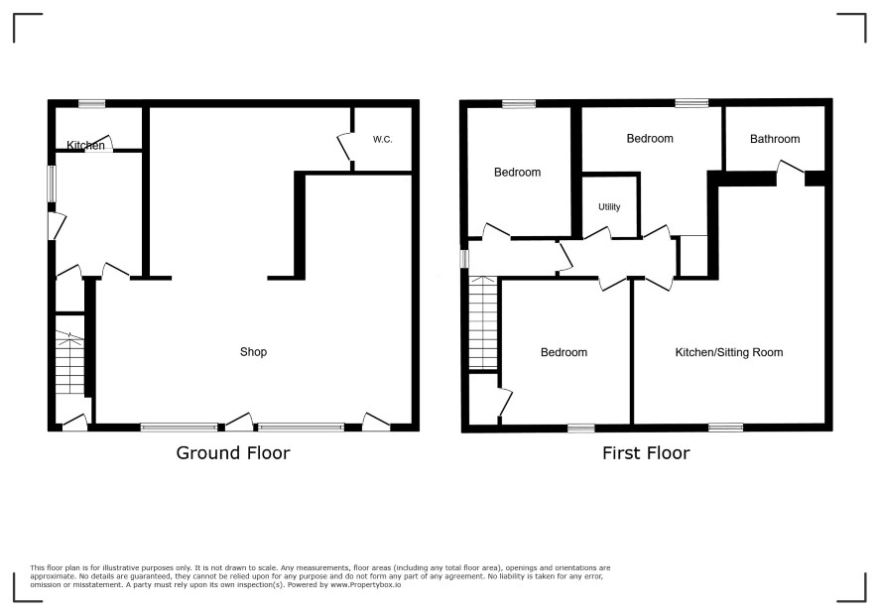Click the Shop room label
(x=253, y=352)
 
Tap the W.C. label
(x=382, y=139)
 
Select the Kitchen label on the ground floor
(x=85, y=145)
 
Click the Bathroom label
(x=775, y=139)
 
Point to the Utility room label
(x=609, y=207)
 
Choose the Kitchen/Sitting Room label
(x=729, y=352)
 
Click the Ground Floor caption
(x=233, y=453)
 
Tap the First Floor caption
(x=646, y=453)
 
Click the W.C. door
(x=345, y=148)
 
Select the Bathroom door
(x=791, y=167)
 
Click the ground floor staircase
(x=69, y=362)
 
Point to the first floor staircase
(x=483, y=323)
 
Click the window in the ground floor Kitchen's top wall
(x=91, y=103)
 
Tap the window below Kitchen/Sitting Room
(x=726, y=428)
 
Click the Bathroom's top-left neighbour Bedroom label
(x=650, y=139)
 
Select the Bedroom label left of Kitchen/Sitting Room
(x=564, y=352)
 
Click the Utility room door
(x=597, y=233)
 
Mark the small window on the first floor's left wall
(x=464, y=259)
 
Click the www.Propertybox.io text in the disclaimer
(x=365, y=584)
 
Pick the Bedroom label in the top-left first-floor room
(x=518, y=173)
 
